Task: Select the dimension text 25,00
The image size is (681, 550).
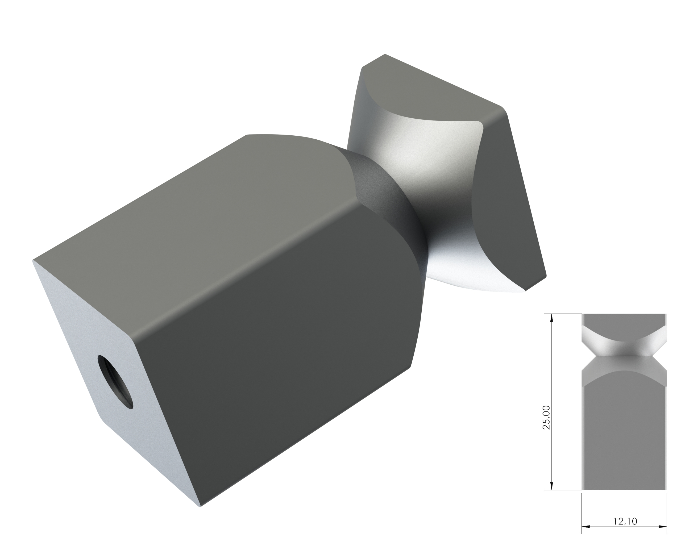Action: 546,417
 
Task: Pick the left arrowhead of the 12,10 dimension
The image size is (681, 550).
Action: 586,527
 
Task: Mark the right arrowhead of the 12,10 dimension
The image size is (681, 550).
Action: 663,527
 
